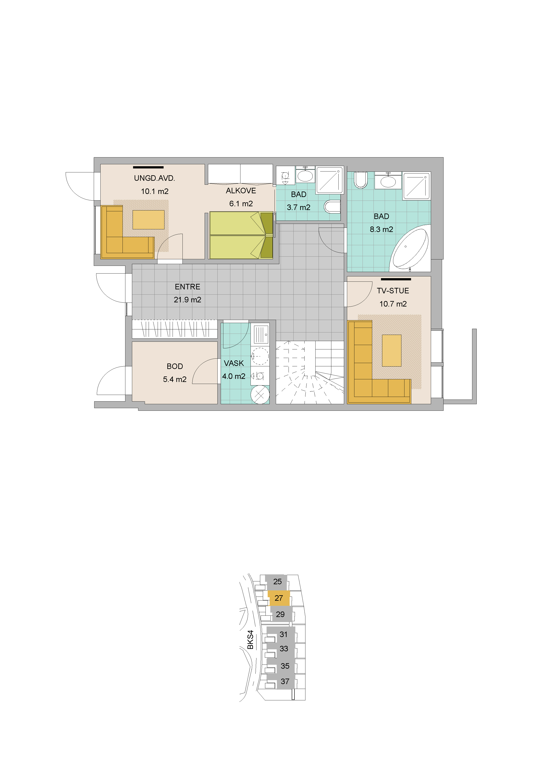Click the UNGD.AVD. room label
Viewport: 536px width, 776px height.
tap(155, 178)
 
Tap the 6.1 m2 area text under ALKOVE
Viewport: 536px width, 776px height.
tap(241, 204)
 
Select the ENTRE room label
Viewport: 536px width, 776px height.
tap(187, 287)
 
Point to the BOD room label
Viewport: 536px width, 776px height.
tap(175, 367)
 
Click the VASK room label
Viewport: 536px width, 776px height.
tap(234, 363)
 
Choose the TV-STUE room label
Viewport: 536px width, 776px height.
tap(393, 291)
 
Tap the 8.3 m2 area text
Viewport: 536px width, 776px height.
tap(381, 230)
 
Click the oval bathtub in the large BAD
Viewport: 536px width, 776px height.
tap(410, 248)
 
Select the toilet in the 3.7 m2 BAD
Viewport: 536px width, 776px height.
tap(332, 207)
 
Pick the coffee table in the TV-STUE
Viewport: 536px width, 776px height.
tap(392, 350)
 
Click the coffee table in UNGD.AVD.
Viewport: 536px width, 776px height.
tap(148, 220)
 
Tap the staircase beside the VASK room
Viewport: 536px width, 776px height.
tap(310, 372)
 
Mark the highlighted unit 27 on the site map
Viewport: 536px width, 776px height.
tap(279, 598)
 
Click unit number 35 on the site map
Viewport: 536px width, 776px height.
tap(285, 666)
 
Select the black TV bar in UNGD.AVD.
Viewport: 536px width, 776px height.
tap(148, 167)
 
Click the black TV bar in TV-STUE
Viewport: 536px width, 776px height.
tap(396, 279)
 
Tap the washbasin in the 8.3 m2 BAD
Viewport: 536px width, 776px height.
tap(388, 181)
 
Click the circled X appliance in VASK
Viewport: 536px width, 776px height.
tap(260, 394)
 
